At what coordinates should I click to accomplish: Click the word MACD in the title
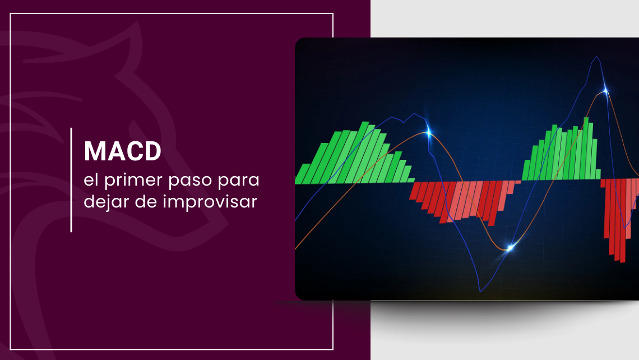pyautogui.click(x=123, y=151)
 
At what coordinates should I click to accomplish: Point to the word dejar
pyautogui.click(x=106, y=202)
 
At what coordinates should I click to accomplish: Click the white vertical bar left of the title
pyautogui.click(x=71, y=180)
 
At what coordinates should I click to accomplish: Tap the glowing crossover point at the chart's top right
pyautogui.click(x=605, y=90)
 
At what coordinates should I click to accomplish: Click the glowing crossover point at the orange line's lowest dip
pyautogui.click(x=510, y=247)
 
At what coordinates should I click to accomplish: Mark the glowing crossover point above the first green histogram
pyautogui.click(x=428, y=132)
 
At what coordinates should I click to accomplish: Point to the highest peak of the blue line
pyautogui.click(x=597, y=57)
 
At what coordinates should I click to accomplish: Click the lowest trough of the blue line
pyautogui.click(x=480, y=291)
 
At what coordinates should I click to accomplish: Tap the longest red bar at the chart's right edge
pyautogui.click(x=622, y=220)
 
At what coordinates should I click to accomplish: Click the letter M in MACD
pyautogui.click(x=94, y=151)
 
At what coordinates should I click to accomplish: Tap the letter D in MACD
pyautogui.click(x=153, y=151)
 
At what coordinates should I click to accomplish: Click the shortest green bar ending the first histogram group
pyautogui.click(x=411, y=180)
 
